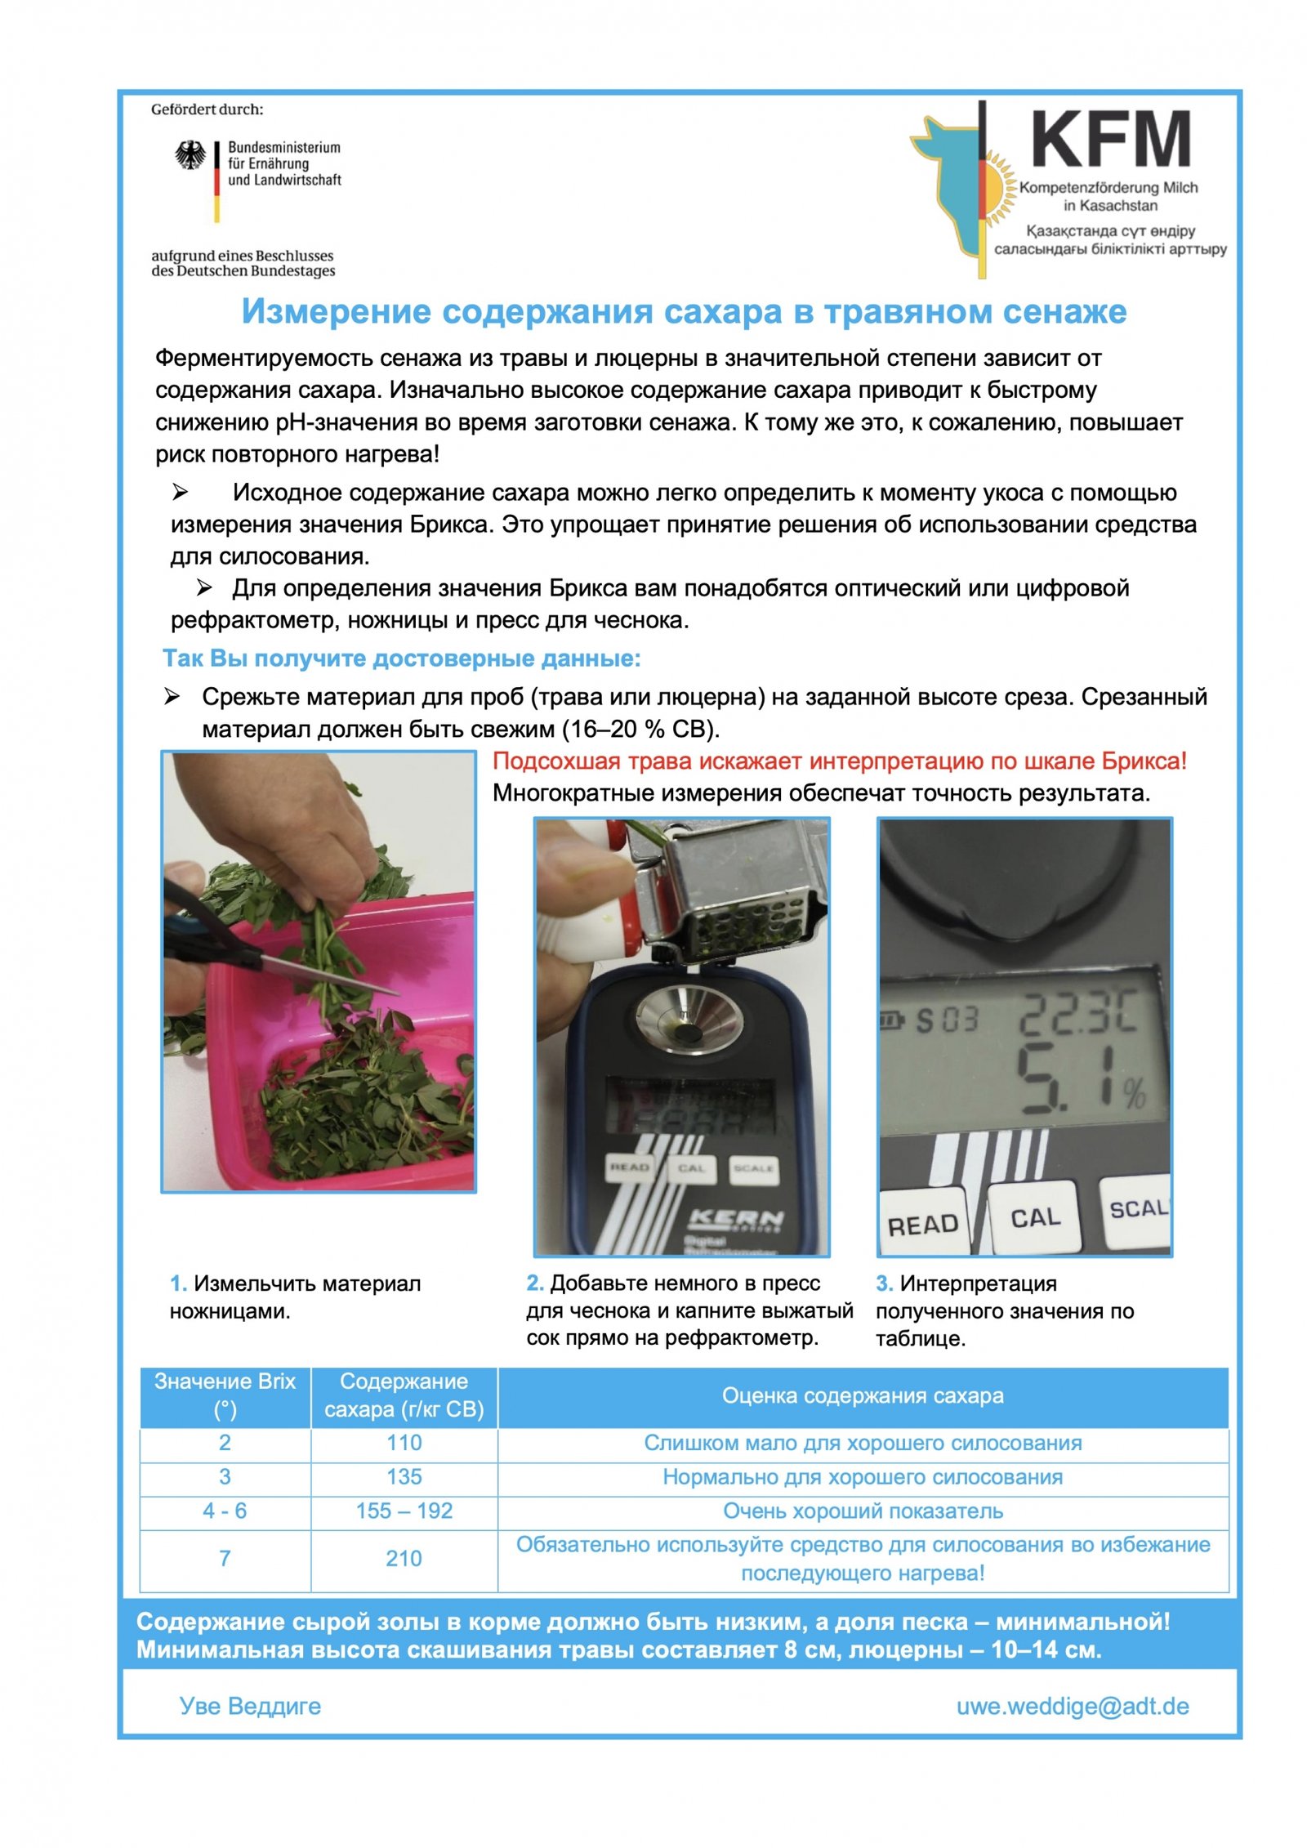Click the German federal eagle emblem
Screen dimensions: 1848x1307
[190, 155]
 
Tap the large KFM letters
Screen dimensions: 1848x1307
[1110, 140]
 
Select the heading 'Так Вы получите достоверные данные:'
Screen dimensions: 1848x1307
[402, 658]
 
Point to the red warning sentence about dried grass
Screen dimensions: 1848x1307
[839, 761]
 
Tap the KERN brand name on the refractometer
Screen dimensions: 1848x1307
[736, 1219]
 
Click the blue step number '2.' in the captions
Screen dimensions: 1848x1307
[535, 1283]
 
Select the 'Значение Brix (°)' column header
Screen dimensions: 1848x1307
[225, 1395]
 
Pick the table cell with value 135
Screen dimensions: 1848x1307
[404, 1477]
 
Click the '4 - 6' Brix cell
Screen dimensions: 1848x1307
[225, 1511]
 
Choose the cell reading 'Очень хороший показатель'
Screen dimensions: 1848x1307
[863, 1511]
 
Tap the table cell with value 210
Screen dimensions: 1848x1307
[404, 1559]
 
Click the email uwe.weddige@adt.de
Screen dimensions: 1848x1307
[1072, 1707]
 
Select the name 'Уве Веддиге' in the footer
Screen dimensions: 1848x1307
[250, 1707]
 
